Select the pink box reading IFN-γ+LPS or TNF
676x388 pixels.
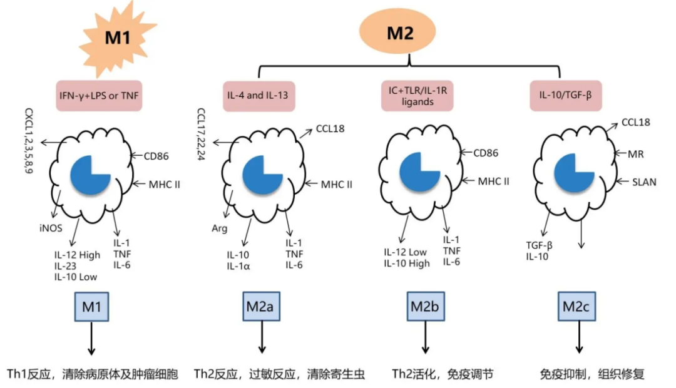point(99,96)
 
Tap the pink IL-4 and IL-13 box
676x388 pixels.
point(260,96)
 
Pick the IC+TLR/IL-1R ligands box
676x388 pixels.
point(417,96)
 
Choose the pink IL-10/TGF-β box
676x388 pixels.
point(565,96)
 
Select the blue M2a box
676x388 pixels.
point(262,307)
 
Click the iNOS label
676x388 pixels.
point(51,228)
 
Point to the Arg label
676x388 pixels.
point(219,228)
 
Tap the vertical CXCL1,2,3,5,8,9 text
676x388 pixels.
point(29,141)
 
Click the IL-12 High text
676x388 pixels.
point(77,254)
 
